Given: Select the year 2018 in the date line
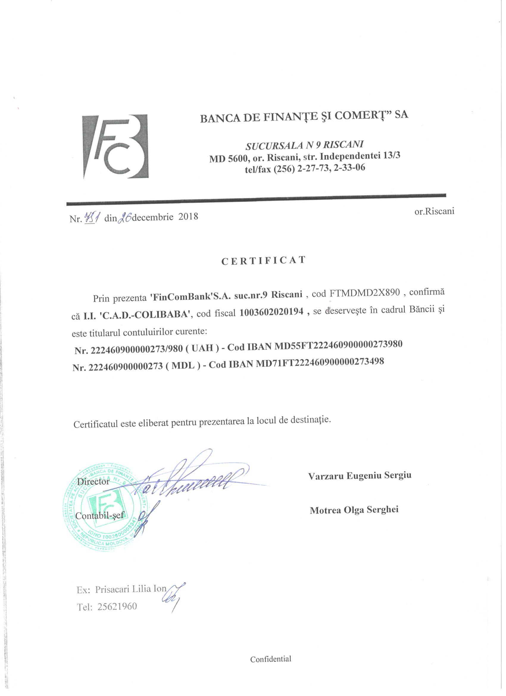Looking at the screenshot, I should click(188, 217).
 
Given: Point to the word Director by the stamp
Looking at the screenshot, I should click(93, 481).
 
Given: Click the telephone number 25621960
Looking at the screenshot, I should click(117, 607).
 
